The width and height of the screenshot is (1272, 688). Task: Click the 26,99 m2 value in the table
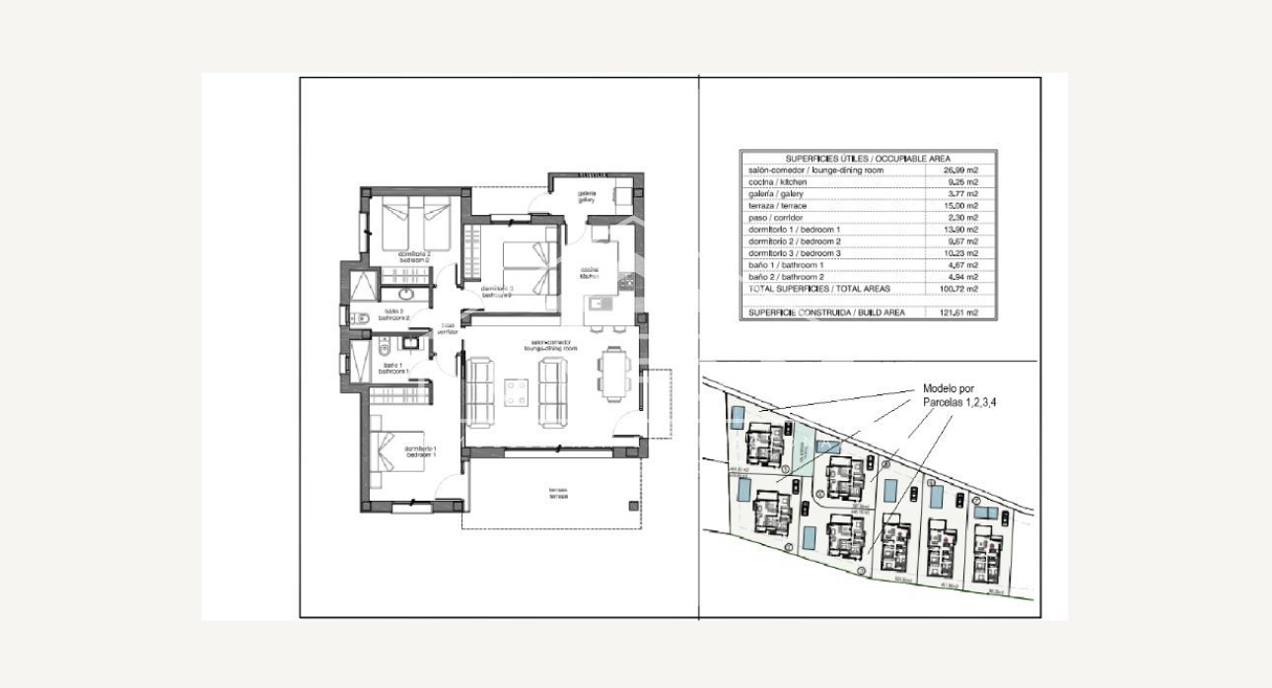pyautogui.click(x=959, y=171)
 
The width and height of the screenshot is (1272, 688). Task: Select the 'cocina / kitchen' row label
pyautogui.click(x=779, y=182)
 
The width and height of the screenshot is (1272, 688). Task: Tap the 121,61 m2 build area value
pyautogui.click(x=959, y=312)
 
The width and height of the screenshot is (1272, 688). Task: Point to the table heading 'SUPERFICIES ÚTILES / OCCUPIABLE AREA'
pyautogui.click(x=868, y=158)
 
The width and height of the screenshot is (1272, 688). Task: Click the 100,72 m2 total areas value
pyautogui.click(x=959, y=289)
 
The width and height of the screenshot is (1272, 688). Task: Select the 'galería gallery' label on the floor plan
pyautogui.click(x=586, y=196)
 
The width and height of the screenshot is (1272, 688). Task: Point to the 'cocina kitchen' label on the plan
pyautogui.click(x=591, y=273)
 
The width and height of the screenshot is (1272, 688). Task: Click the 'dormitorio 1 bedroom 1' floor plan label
pyautogui.click(x=421, y=452)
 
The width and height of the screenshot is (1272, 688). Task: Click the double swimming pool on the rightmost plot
pyautogui.click(x=985, y=513)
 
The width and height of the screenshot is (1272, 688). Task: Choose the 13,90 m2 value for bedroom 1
pyautogui.click(x=959, y=230)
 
